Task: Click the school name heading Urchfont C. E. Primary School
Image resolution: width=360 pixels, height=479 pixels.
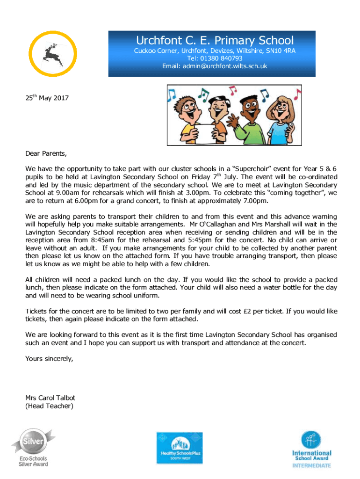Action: [215, 40]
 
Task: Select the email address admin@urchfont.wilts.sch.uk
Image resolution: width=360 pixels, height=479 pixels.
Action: [215, 66]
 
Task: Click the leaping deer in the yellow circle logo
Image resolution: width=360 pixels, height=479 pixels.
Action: [53, 54]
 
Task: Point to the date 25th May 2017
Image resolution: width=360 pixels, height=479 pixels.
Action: [46, 98]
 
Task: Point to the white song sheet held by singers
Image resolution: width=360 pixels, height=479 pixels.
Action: [198, 129]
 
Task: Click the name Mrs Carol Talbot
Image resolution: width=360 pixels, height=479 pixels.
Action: [50, 398]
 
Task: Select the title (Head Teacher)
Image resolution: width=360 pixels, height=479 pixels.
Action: [49, 406]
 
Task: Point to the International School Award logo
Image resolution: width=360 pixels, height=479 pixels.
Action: [311, 449]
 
